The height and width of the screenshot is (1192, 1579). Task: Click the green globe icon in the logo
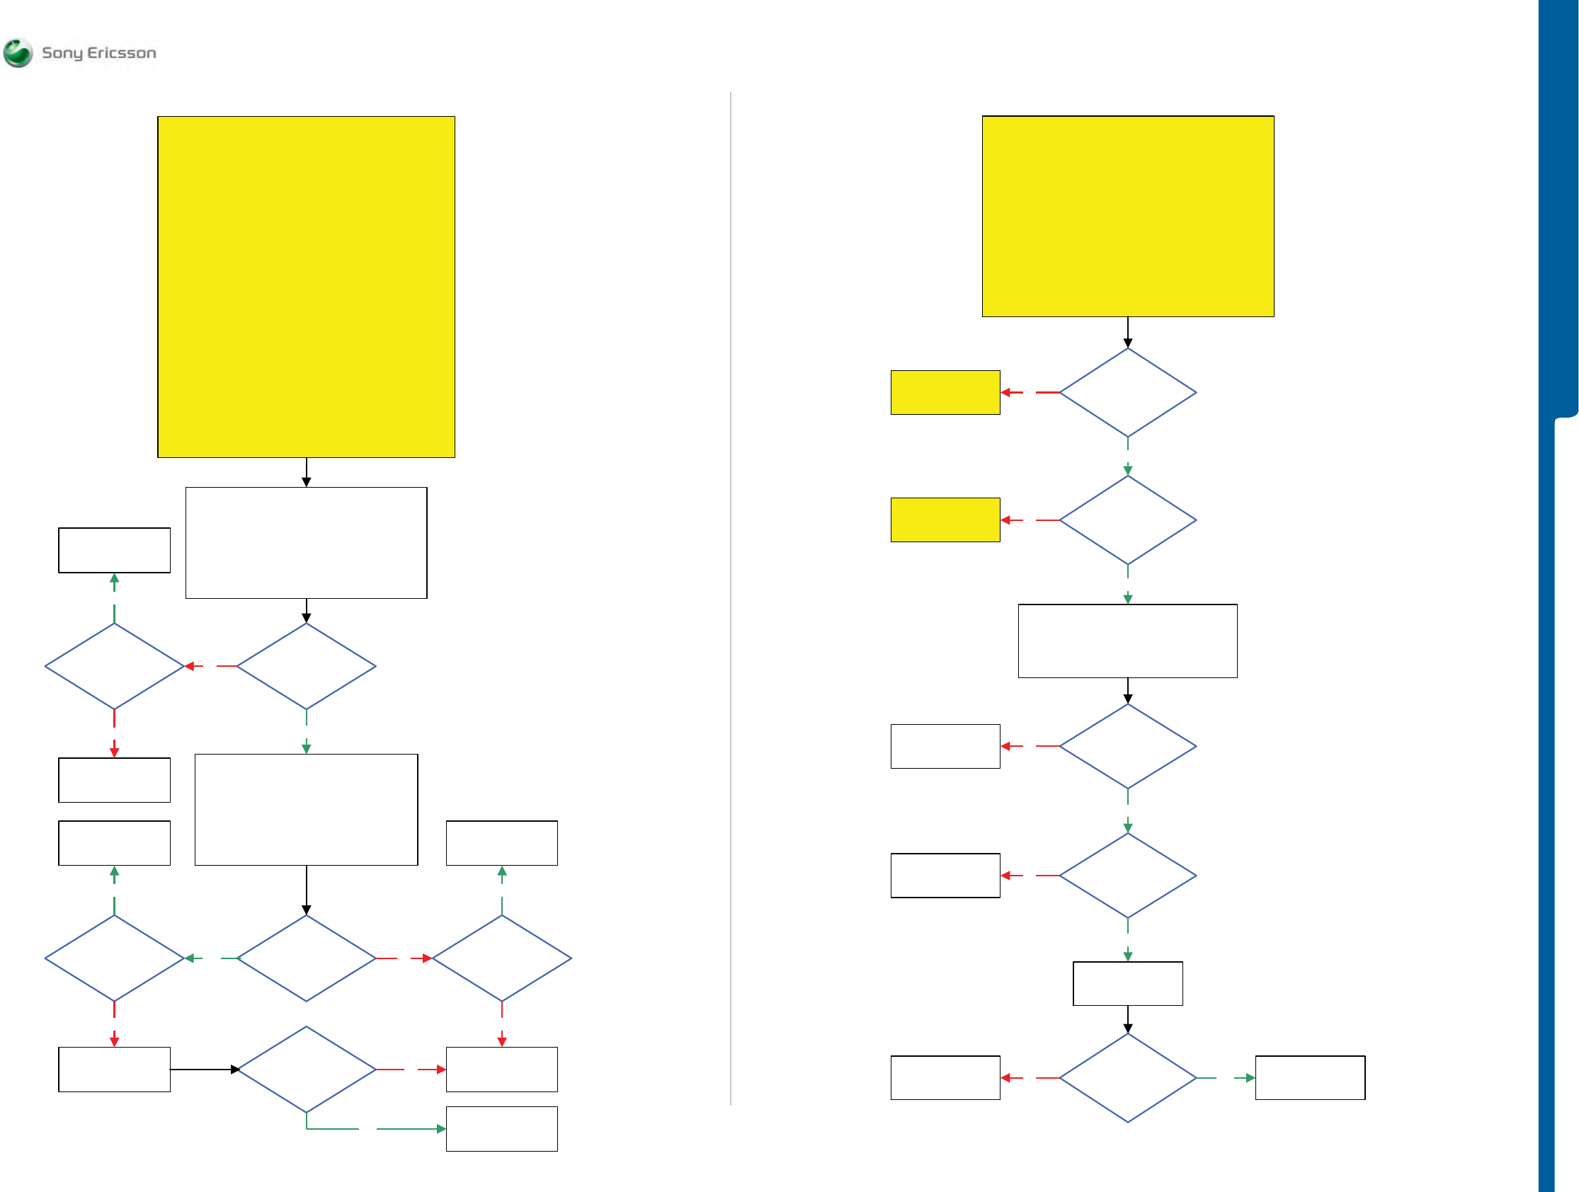coord(18,53)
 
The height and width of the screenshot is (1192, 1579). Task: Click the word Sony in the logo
coord(62,53)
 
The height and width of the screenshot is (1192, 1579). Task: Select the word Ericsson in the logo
coord(121,53)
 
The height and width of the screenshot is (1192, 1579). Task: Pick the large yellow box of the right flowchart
coord(1128,217)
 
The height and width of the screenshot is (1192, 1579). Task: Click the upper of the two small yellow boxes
coord(945,393)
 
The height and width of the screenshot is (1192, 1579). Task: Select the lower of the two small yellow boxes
coord(945,520)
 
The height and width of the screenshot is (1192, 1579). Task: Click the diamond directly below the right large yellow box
coord(1128,393)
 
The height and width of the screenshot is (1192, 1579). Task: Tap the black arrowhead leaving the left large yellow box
coord(306,483)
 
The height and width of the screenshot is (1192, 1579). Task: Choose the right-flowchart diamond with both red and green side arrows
coord(1128,1078)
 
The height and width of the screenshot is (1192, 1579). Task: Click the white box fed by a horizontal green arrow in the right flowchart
coord(1310,1078)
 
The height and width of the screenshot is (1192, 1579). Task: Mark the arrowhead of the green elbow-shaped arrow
coord(441,1129)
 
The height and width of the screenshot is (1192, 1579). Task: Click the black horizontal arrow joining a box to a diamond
coord(204,1070)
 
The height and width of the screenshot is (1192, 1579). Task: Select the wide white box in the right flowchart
coord(1128,641)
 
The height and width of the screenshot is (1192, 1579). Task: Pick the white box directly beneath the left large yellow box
coord(306,542)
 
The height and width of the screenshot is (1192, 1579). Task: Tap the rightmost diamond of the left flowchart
coord(502,958)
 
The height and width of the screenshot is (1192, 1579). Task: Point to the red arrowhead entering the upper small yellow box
coord(1005,393)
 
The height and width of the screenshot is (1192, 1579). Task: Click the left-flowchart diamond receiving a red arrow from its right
coord(114,666)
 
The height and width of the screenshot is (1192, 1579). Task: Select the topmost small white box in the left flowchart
coord(114,550)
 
